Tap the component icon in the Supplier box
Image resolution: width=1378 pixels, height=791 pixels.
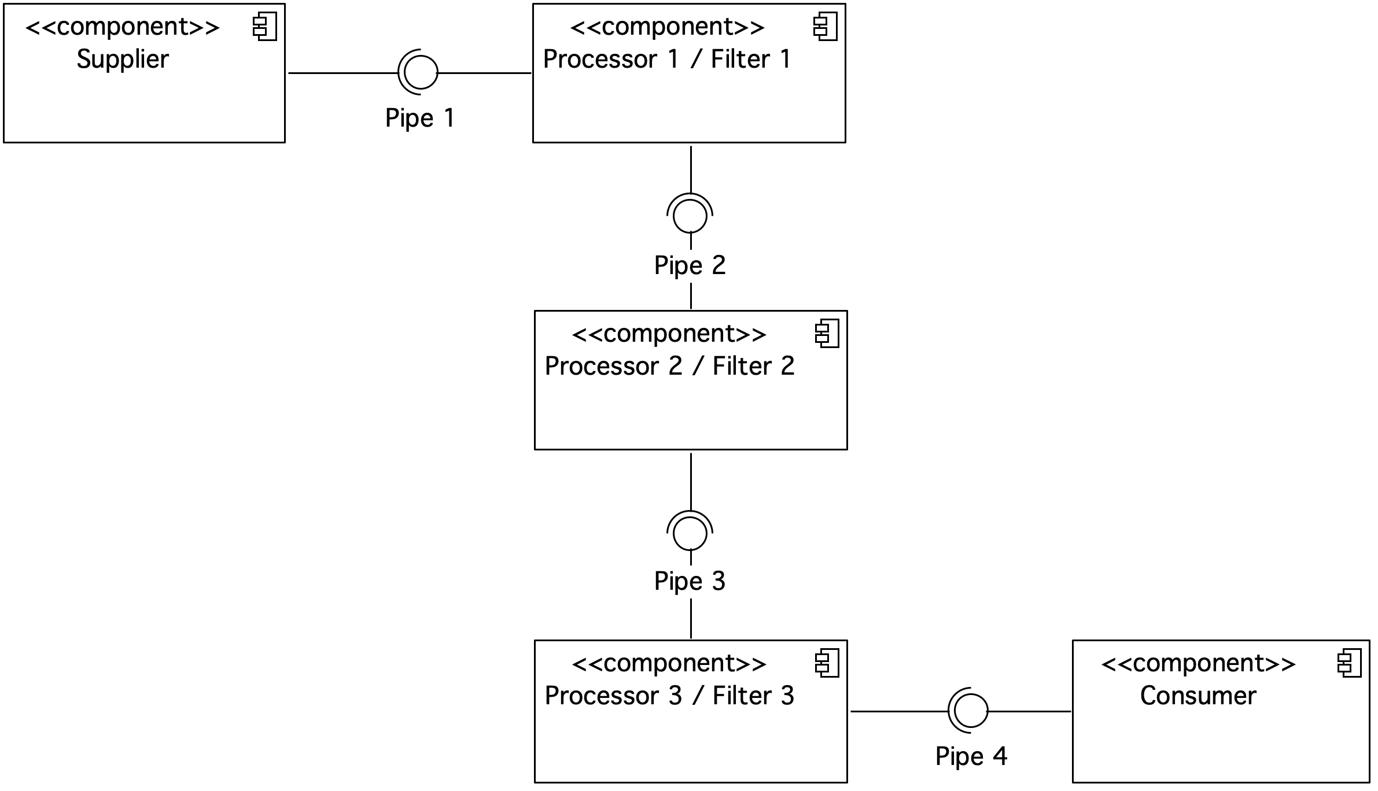point(265,28)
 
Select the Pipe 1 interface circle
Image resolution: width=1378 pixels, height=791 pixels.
point(421,73)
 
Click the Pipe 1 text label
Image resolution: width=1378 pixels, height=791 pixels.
point(420,119)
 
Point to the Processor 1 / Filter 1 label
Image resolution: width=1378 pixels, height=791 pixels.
point(667,60)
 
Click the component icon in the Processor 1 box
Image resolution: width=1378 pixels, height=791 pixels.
point(825,28)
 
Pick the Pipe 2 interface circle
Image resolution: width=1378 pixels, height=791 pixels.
point(690,216)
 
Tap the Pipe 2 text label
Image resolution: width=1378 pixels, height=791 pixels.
point(690,266)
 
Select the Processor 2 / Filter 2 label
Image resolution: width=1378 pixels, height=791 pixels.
point(670,367)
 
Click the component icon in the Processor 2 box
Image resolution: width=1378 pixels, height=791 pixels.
point(827,335)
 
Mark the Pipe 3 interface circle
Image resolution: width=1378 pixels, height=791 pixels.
point(690,533)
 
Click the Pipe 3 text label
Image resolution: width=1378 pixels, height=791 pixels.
point(690,582)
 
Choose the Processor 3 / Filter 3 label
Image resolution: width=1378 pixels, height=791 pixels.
point(670,696)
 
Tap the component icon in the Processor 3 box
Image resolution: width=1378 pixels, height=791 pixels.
point(827,664)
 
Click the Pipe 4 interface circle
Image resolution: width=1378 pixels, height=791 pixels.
point(971,711)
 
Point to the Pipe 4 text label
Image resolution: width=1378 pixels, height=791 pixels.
point(971,757)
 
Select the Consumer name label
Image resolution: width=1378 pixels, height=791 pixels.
point(1198,696)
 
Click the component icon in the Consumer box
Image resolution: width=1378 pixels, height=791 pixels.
point(1349,664)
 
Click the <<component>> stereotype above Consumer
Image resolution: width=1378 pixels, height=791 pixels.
point(1198,664)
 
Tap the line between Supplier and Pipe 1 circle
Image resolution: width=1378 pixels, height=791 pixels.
point(343,73)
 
